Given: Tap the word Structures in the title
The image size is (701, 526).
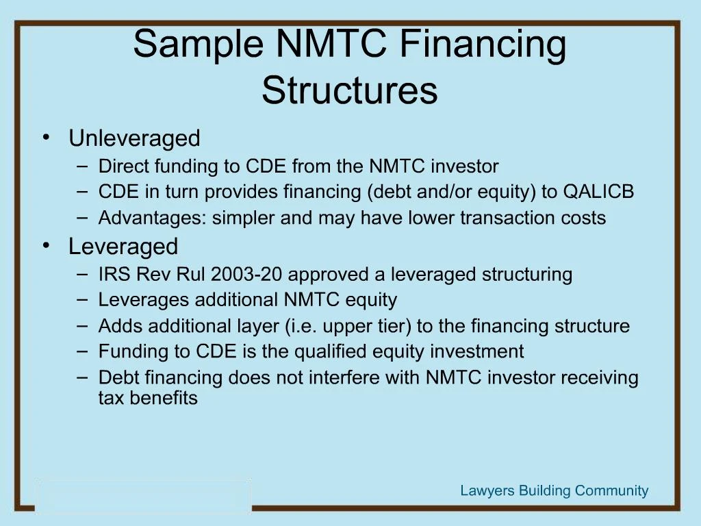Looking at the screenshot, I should (x=349, y=91).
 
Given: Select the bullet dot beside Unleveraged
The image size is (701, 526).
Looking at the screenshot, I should (x=46, y=138).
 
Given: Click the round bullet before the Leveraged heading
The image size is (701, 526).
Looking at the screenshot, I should (x=46, y=245).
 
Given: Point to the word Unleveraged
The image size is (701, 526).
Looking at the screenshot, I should (x=134, y=138).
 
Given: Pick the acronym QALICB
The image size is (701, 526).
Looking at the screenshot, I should (x=598, y=192).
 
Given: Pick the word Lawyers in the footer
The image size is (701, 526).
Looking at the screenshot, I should (x=487, y=490).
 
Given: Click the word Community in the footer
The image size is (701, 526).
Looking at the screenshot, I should (x=611, y=490).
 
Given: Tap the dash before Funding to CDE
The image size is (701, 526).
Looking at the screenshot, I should (x=83, y=351).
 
